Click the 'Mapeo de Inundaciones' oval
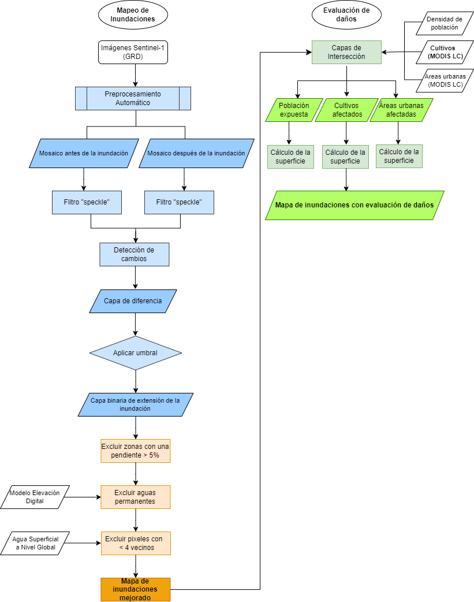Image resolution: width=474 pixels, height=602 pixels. tap(133, 14)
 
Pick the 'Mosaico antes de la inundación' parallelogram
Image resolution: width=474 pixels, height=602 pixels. tap(84, 153)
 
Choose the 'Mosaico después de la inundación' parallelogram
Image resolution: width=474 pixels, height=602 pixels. tap(196, 153)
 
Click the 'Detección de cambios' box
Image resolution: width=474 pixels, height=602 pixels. tap(135, 254)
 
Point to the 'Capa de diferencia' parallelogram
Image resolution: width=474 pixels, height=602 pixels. tap(133, 301)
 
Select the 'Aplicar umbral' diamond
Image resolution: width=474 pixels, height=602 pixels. tap(135, 353)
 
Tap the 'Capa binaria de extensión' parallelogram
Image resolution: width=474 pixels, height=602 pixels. tap(135, 404)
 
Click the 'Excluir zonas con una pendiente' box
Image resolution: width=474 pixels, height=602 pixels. tap(136, 451)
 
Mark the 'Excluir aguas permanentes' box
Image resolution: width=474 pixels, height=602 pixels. tap(136, 497)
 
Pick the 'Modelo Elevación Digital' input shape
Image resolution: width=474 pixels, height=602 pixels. tap(35, 497)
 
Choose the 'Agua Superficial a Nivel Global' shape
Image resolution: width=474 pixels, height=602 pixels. tap(35, 543)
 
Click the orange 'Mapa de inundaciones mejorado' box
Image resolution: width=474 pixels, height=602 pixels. tap(136, 589)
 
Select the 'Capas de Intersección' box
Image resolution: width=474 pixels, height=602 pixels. tap(346, 52)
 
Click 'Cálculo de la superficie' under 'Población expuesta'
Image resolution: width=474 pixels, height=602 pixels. tap(290, 157)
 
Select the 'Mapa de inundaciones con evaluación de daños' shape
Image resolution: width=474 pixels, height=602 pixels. tap(354, 205)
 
